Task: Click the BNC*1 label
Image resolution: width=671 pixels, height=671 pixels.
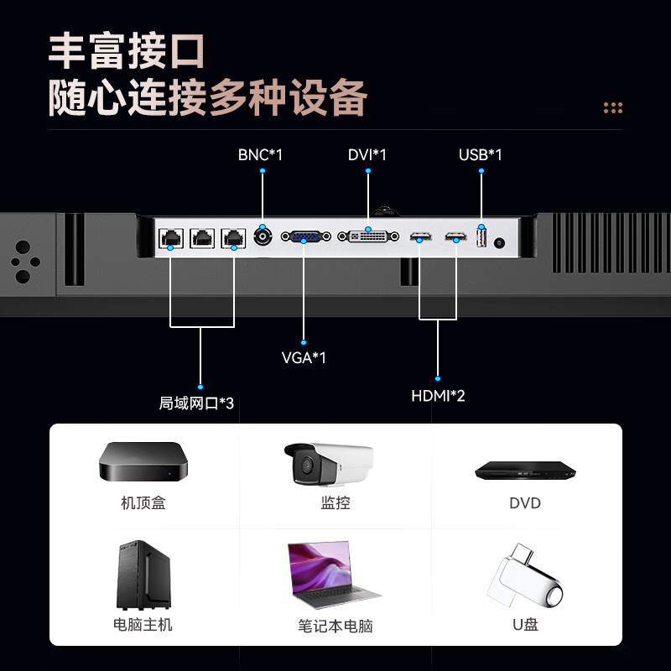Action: [x=260, y=155]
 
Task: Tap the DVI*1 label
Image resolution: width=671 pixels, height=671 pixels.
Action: [x=367, y=155]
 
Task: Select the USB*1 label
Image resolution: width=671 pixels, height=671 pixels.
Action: [x=480, y=155]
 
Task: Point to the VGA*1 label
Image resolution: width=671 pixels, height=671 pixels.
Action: [x=304, y=358]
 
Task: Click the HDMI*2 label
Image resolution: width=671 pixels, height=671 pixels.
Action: [x=438, y=396]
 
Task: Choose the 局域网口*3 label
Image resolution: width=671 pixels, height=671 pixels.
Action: [x=196, y=403]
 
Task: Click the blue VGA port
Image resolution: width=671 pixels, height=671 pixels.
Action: [x=304, y=237]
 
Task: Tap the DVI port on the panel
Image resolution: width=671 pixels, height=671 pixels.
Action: [x=367, y=237]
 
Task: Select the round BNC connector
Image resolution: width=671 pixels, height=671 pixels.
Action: [x=263, y=236]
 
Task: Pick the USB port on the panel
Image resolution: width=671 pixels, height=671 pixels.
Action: [x=481, y=239]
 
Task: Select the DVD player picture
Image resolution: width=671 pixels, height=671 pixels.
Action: [x=525, y=471]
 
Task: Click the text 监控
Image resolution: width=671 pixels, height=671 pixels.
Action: [x=335, y=503]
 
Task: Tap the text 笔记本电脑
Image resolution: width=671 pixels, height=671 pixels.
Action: [x=335, y=626]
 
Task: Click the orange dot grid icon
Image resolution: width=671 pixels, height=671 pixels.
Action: [x=613, y=107]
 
